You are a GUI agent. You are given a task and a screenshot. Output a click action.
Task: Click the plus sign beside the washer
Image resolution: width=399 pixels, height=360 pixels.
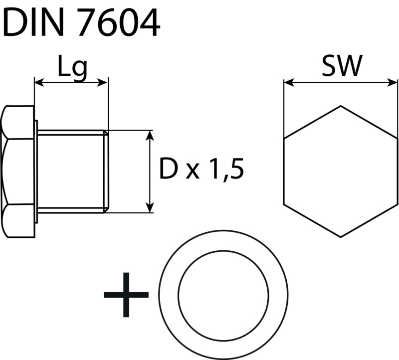tap(126, 295)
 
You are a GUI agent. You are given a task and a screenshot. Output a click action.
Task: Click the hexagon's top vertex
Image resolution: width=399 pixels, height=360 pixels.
tap(341, 106)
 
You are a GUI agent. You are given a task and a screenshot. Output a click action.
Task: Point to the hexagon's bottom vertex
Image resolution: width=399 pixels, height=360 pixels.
tap(341, 236)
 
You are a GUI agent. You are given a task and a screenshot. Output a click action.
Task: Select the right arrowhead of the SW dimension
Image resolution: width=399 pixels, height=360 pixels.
tap(394, 83)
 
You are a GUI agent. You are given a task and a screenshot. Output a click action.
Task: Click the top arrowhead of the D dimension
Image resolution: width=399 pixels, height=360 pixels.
tap(150, 135)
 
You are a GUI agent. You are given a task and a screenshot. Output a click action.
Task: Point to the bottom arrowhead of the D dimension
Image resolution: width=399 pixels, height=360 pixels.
tap(150, 208)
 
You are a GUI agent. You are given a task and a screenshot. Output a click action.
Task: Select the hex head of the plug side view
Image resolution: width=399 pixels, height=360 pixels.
tap(18, 172)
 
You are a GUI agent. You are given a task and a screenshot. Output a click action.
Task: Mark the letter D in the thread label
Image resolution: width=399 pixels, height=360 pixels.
tap(169, 170)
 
